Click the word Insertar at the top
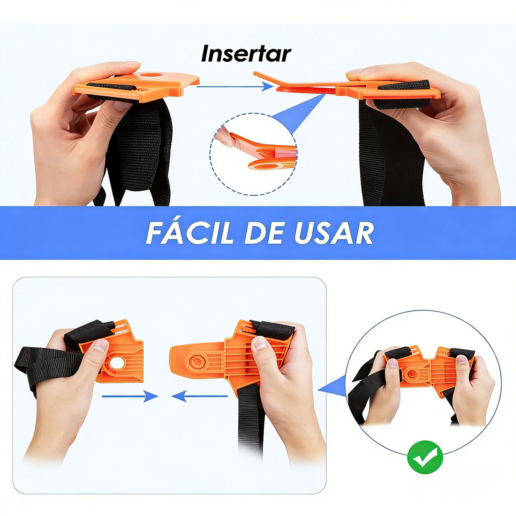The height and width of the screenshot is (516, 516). point(246,54)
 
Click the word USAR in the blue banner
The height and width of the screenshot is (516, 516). point(334,233)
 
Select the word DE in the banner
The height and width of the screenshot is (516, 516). point(264,233)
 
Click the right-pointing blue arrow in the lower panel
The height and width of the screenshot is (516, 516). point(130,396)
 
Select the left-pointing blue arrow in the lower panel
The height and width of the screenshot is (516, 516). point(200,396)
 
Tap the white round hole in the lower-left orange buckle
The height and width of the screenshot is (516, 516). point(117,363)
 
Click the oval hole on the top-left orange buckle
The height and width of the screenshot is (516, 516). point(151,74)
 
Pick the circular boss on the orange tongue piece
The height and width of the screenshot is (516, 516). point(197,362)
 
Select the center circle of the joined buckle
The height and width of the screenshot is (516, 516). point(412,375)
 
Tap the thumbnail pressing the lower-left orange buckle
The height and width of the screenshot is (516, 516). point(101,345)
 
